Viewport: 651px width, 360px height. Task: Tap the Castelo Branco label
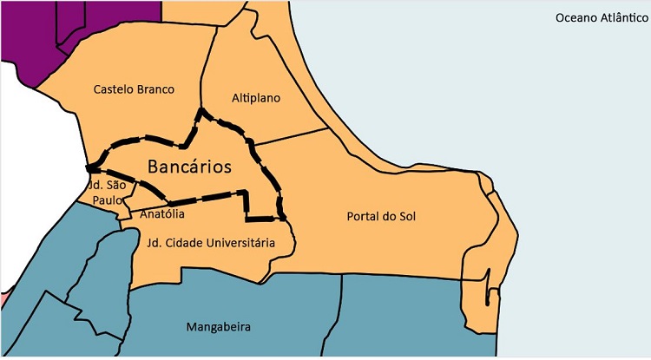click(134, 89)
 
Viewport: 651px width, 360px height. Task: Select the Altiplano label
click(256, 98)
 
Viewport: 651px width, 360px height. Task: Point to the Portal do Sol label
click(381, 216)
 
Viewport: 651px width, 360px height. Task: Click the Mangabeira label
click(219, 327)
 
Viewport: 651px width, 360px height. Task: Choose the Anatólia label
click(162, 213)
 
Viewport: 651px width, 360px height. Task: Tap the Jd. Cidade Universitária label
click(211, 243)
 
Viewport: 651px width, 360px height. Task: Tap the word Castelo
click(113, 89)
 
